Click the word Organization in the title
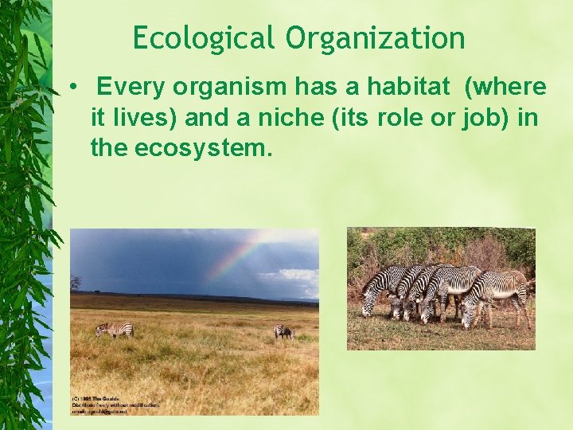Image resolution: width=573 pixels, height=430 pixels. [x=376, y=37]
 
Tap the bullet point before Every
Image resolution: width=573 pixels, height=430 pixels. [x=72, y=87]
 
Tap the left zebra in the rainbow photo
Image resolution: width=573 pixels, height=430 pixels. [x=114, y=330]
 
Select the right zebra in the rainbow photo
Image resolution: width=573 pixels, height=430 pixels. [x=283, y=331]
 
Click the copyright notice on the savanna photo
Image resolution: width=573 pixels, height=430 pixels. [x=115, y=405]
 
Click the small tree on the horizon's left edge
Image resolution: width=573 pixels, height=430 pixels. [x=76, y=282]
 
